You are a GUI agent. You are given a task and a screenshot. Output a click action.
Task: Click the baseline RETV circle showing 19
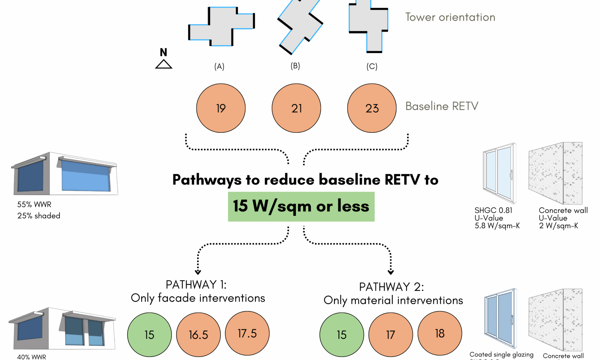point(221,108)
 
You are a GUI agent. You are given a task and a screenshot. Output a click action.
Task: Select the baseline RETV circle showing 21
point(296,108)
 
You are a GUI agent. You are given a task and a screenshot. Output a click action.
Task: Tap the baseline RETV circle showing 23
point(372,108)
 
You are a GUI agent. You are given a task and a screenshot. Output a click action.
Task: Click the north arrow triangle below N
point(163,64)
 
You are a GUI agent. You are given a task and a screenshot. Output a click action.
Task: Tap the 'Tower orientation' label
point(450,17)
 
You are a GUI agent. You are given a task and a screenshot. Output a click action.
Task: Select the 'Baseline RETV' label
point(442,106)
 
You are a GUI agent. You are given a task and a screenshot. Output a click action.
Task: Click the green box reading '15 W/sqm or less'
point(301,207)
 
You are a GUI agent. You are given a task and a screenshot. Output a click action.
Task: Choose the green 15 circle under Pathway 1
point(149,334)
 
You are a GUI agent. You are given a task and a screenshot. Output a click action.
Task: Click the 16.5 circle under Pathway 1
point(198,334)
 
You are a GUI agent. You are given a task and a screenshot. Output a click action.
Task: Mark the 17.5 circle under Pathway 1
point(247,333)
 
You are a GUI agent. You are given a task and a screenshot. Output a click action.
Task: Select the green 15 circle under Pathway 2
point(342,334)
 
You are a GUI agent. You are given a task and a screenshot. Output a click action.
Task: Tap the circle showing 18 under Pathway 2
point(439,333)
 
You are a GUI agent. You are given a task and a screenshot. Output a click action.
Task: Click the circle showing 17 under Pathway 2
point(391,334)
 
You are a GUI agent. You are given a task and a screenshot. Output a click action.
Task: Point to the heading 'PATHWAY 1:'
point(196,285)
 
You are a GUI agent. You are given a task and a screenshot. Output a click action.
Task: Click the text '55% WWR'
point(34,205)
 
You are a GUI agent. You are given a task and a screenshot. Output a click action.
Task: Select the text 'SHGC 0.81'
point(493,210)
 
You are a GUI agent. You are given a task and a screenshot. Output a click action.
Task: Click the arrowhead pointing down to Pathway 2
point(391,272)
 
